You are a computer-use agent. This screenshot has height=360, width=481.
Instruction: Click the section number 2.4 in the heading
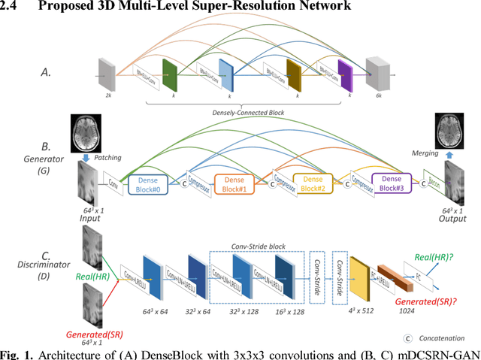coord(11,7)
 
